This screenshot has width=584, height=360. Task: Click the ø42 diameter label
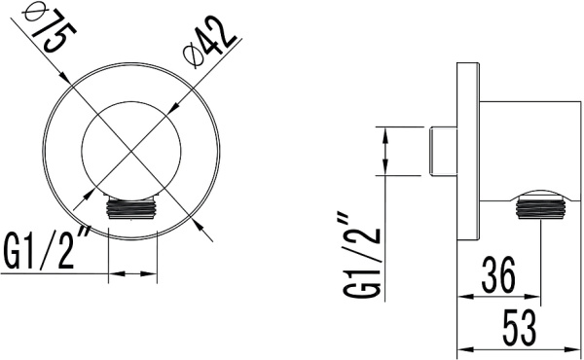point(209,42)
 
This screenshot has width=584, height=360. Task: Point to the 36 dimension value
point(498,274)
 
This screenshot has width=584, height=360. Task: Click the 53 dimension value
point(520,328)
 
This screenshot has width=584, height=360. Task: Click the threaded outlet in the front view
point(132,208)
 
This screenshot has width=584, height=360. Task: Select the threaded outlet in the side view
point(540,208)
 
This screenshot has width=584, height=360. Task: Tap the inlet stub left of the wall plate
point(443,151)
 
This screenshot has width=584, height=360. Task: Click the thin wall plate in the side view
point(468,152)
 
